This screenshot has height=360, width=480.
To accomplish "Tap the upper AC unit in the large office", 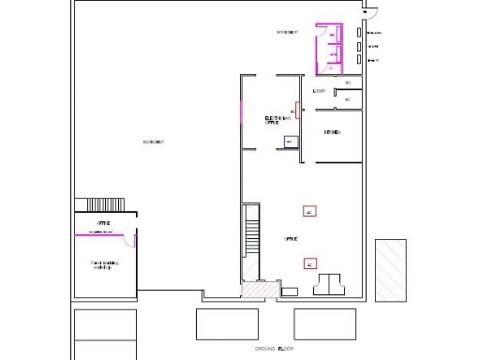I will coord(309,211).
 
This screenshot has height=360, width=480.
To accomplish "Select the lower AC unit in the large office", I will coord(309,263).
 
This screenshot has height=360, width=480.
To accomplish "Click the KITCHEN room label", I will coord(331,132).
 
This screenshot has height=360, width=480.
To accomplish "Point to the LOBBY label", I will coord(319,91).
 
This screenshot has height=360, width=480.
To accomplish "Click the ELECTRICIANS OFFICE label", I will coord(274,120).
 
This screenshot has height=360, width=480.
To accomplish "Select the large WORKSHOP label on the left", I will coord(154,142).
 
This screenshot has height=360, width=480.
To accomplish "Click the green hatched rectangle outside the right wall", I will coord(391,270).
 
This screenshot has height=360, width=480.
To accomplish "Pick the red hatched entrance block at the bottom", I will coord(255,290).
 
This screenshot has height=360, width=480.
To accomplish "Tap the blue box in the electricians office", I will coord(290,142).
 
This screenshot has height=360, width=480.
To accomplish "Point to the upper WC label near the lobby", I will coord(348,82).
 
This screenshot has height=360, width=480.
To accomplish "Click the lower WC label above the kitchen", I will coord(348,98).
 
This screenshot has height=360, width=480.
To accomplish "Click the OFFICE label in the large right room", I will coord(291,239).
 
